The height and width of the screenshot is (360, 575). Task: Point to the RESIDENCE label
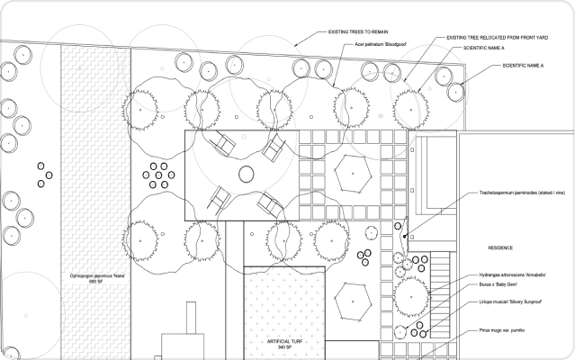[500, 247]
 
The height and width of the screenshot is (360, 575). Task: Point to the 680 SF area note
[95, 283]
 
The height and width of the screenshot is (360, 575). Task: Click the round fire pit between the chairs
[245, 175]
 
